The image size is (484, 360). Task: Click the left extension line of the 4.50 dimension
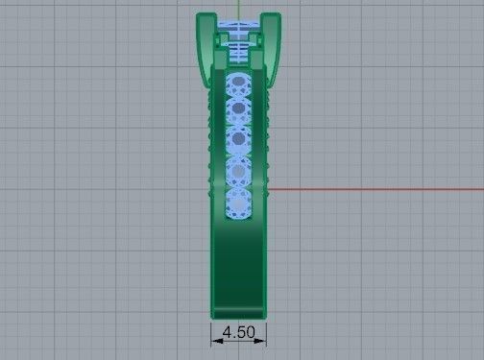pyautogui.click(x=210, y=331)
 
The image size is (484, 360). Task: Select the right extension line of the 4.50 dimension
pyautogui.click(x=267, y=331)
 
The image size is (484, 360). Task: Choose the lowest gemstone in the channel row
pyautogui.click(x=237, y=203)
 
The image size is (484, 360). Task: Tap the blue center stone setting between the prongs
pyautogui.click(x=237, y=43)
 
